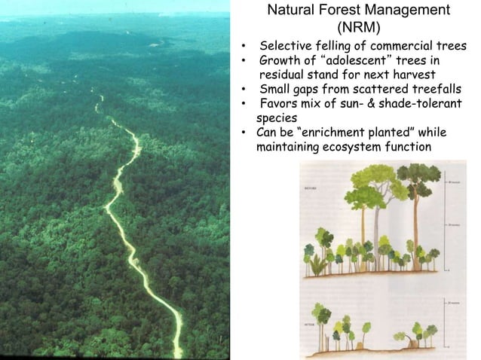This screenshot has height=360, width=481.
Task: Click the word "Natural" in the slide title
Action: (295, 11)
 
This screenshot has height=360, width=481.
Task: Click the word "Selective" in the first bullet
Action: (283, 47)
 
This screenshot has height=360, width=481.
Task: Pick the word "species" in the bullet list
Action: (277, 118)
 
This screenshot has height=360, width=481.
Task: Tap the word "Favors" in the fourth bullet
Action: (281, 104)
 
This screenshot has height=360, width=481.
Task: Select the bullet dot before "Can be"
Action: (244, 133)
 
